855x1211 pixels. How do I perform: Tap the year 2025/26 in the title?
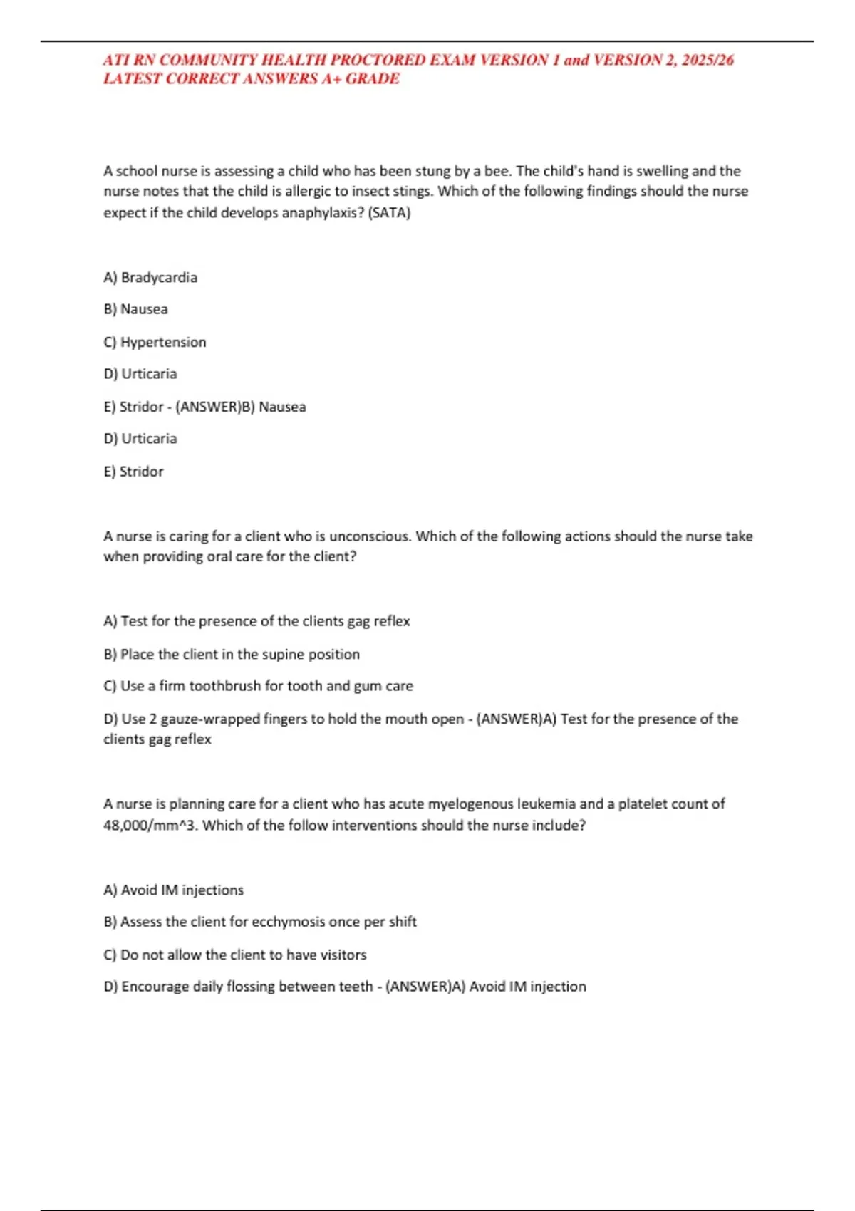(708, 60)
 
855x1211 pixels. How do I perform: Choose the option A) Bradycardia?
(150, 277)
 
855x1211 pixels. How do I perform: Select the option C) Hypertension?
(155, 342)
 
